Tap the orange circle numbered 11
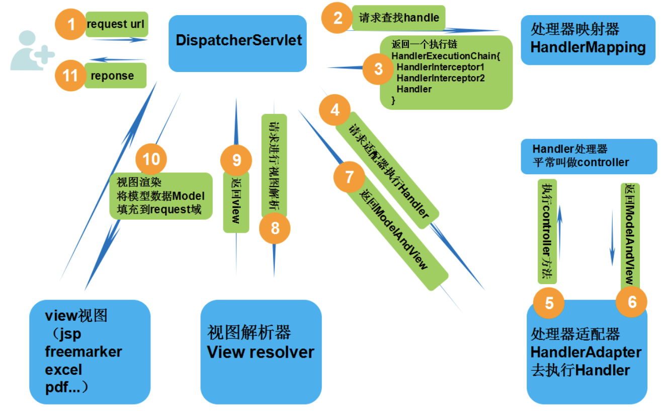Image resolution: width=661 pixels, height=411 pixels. (x=70, y=76)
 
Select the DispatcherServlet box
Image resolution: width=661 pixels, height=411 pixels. (x=237, y=43)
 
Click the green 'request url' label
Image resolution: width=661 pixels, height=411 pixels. (x=117, y=24)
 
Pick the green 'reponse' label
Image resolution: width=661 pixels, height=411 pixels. (x=115, y=76)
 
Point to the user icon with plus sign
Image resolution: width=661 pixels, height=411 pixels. (x=31, y=51)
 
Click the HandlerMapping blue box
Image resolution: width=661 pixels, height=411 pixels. (x=588, y=39)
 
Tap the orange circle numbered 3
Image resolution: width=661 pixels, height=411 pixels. (x=378, y=68)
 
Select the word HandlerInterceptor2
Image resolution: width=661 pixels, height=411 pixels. (x=441, y=78)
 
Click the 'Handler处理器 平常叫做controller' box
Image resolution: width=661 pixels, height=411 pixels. (x=589, y=157)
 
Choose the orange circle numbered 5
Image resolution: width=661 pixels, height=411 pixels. (x=549, y=303)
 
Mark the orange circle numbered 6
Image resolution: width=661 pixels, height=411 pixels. (x=632, y=302)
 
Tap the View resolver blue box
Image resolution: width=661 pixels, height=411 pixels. (x=261, y=352)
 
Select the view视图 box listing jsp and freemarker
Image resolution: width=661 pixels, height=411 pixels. (x=90, y=352)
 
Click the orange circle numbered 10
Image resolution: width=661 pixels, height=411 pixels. (x=151, y=159)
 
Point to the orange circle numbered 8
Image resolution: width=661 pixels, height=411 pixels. (x=275, y=228)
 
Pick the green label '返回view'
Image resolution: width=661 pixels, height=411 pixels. (x=236, y=201)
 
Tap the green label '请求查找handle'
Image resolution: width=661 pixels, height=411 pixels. (x=398, y=18)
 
